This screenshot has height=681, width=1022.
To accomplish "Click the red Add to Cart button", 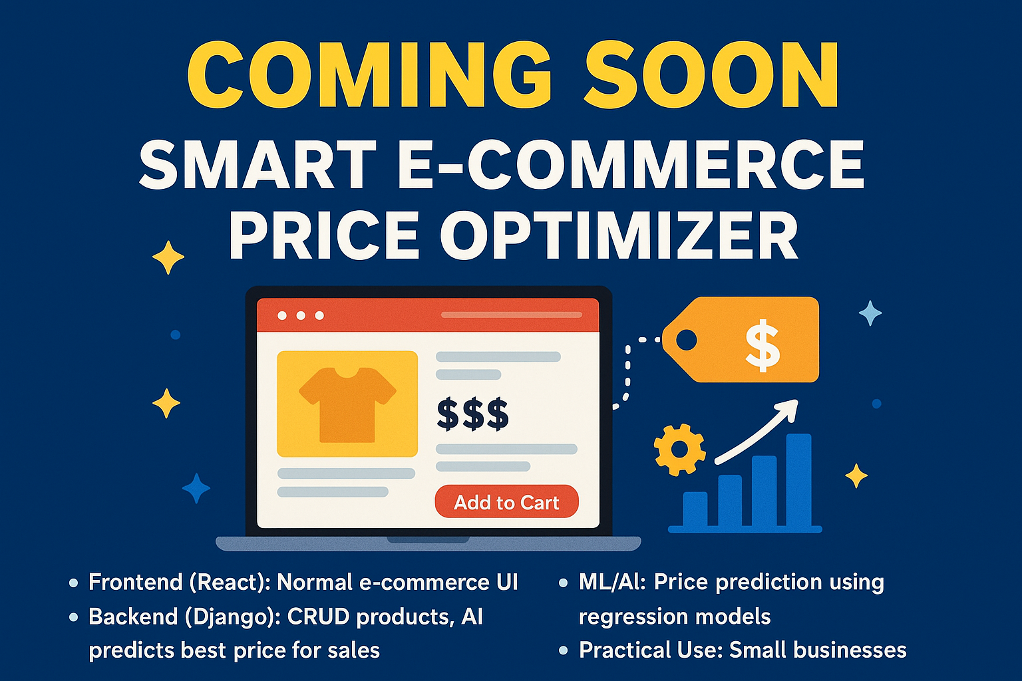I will coord(506,502).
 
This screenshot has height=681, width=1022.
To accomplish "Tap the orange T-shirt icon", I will coord(347,404).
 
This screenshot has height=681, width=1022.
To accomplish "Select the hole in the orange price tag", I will coord(686,340).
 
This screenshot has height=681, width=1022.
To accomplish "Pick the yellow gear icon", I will coord(679,450).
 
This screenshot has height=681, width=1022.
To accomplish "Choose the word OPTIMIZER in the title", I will coord(619,236).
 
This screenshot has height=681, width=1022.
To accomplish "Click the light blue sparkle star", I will coord(870,313).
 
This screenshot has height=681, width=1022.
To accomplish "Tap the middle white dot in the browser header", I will coord(301,315).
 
